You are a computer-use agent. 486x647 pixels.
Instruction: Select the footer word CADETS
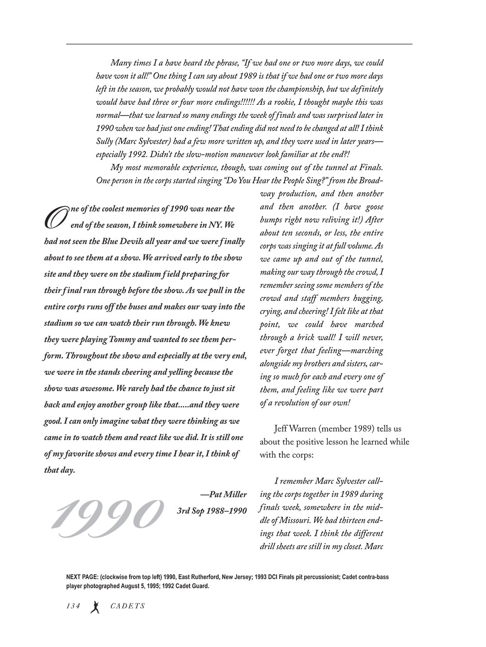click(128, 606)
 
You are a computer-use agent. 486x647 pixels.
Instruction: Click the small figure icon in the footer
click(95, 607)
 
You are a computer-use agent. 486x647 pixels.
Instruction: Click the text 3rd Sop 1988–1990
click(212, 511)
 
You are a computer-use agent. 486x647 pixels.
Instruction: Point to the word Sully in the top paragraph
click(104, 141)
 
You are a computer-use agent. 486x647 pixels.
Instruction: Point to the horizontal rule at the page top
click(239, 44)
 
